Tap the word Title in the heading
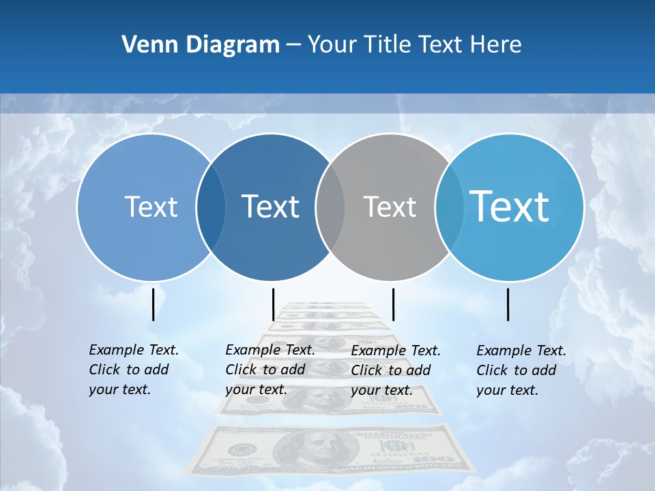point(387,45)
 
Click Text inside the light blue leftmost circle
point(151,207)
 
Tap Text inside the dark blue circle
point(270,207)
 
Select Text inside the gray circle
point(390,207)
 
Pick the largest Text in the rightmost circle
point(509,206)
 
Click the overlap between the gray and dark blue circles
point(330,207)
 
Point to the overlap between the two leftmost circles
point(210,207)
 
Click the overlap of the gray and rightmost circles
point(448,207)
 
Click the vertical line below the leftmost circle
point(153,304)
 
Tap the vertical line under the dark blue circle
point(273,304)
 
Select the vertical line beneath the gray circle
point(393,304)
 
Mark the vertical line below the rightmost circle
point(508,304)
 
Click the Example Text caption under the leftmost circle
point(133,370)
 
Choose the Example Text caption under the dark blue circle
point(270,370)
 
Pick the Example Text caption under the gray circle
point(395,370)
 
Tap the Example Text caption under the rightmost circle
point(521,370)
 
